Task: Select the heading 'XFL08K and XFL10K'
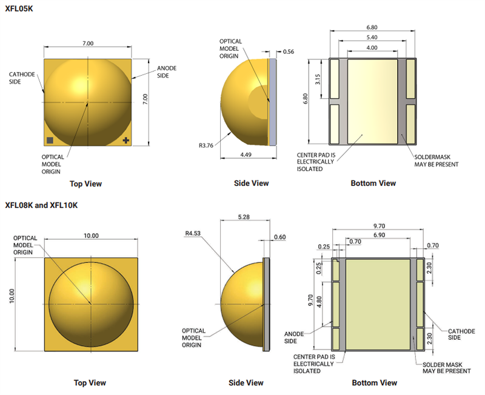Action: pos(41,205)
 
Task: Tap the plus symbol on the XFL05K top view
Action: pos(125,141)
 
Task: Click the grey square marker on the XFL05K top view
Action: pos(50,141)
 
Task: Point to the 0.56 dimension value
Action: pos(288,52)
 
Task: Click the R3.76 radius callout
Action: pos(207,145)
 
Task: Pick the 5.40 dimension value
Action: pos(372,38)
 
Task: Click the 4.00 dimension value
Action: pos(372,47)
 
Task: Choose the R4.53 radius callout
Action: pos(193,233)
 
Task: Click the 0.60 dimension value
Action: pos(279,237)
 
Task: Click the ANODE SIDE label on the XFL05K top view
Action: pos(167,71)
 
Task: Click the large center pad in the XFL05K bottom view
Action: pos(372,102)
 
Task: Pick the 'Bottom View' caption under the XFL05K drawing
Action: pos(373,183)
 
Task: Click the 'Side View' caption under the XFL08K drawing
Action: pos(246,382)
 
